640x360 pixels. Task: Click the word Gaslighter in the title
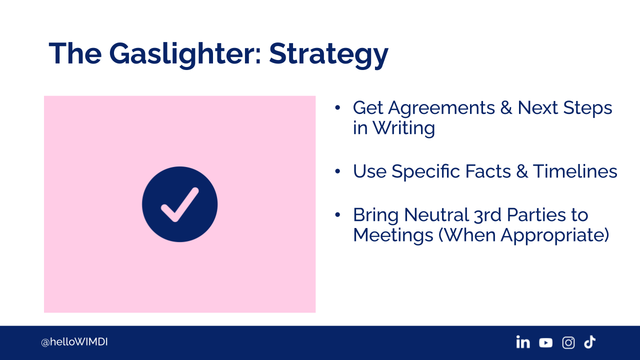point(185,54)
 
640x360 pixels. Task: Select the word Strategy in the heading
point(328,54)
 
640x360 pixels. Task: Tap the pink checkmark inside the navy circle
point(179,204)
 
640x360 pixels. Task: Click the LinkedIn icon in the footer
point(523,342)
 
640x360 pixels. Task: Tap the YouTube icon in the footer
point(545,342)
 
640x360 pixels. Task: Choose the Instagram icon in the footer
point(568,342)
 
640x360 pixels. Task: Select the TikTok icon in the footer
point(589,342)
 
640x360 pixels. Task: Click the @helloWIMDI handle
point(74,342)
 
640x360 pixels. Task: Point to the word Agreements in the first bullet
point(441,108)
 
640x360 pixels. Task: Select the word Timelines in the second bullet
point(575,171)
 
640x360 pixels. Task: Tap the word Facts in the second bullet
point(488,171)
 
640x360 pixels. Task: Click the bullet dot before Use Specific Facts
point(337,171)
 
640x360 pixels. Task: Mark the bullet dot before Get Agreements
point(337,107)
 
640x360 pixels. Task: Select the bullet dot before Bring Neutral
point(337,214)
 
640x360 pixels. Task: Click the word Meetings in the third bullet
point(393,235)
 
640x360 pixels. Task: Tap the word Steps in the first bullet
point(587,108)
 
